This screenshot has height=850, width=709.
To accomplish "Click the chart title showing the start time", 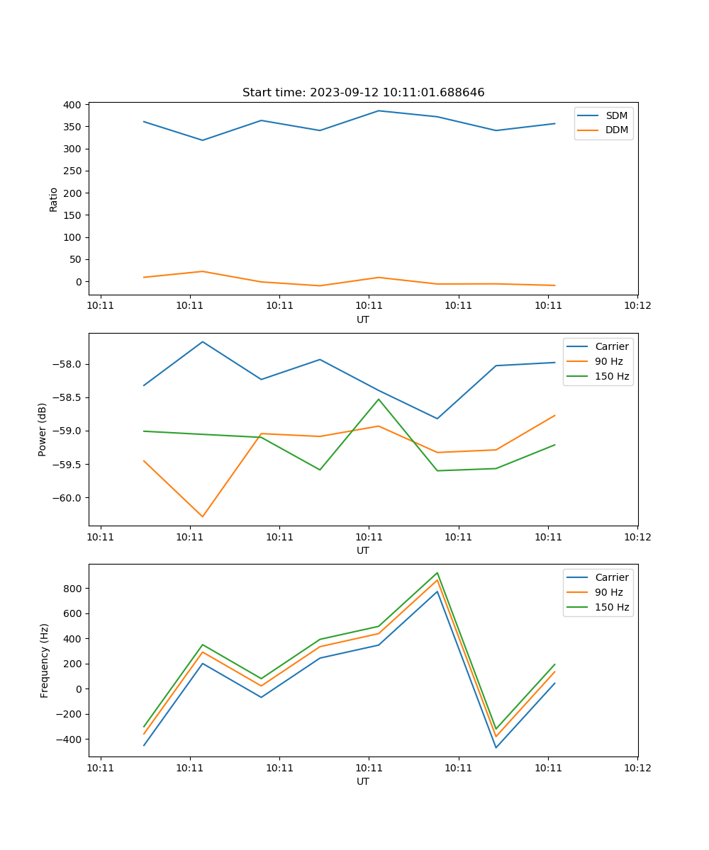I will tap(363, 93).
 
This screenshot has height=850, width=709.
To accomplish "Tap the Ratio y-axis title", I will tap(54, 199).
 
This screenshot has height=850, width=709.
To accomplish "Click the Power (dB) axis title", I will tap(43, 429).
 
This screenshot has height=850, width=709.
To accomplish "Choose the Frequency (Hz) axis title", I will tap(45, 660).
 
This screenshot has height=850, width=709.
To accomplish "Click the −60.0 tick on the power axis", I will tap(70, 498).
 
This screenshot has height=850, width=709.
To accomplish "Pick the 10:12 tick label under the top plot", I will tap(637, 306).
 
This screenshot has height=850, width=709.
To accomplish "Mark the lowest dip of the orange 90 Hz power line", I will tap(203, 516).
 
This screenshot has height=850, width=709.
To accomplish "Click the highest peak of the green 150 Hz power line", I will tap(379, 399).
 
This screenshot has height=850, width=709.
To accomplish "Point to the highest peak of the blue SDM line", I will tap(379, 110).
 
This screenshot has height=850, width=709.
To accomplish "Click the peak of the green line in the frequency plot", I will tap(437, 572).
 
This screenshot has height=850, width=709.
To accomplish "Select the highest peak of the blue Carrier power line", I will tap(203, 341).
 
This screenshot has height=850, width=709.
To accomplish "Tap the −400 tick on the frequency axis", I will tap(70, 739).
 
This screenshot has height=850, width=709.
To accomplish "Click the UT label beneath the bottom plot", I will tap(363, 781).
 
